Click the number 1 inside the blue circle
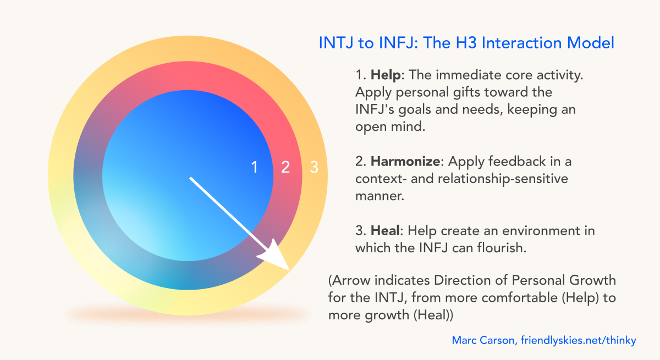(255, 167)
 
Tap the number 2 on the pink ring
(285, 167)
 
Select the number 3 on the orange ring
(314, 167)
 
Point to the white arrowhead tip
(289, 270)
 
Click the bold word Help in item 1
(386, 75)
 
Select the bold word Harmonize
(405, 161)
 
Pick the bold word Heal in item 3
(386, 230)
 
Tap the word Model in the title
(591, 43)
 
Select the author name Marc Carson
(483, 340)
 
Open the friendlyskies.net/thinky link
(579, 341)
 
